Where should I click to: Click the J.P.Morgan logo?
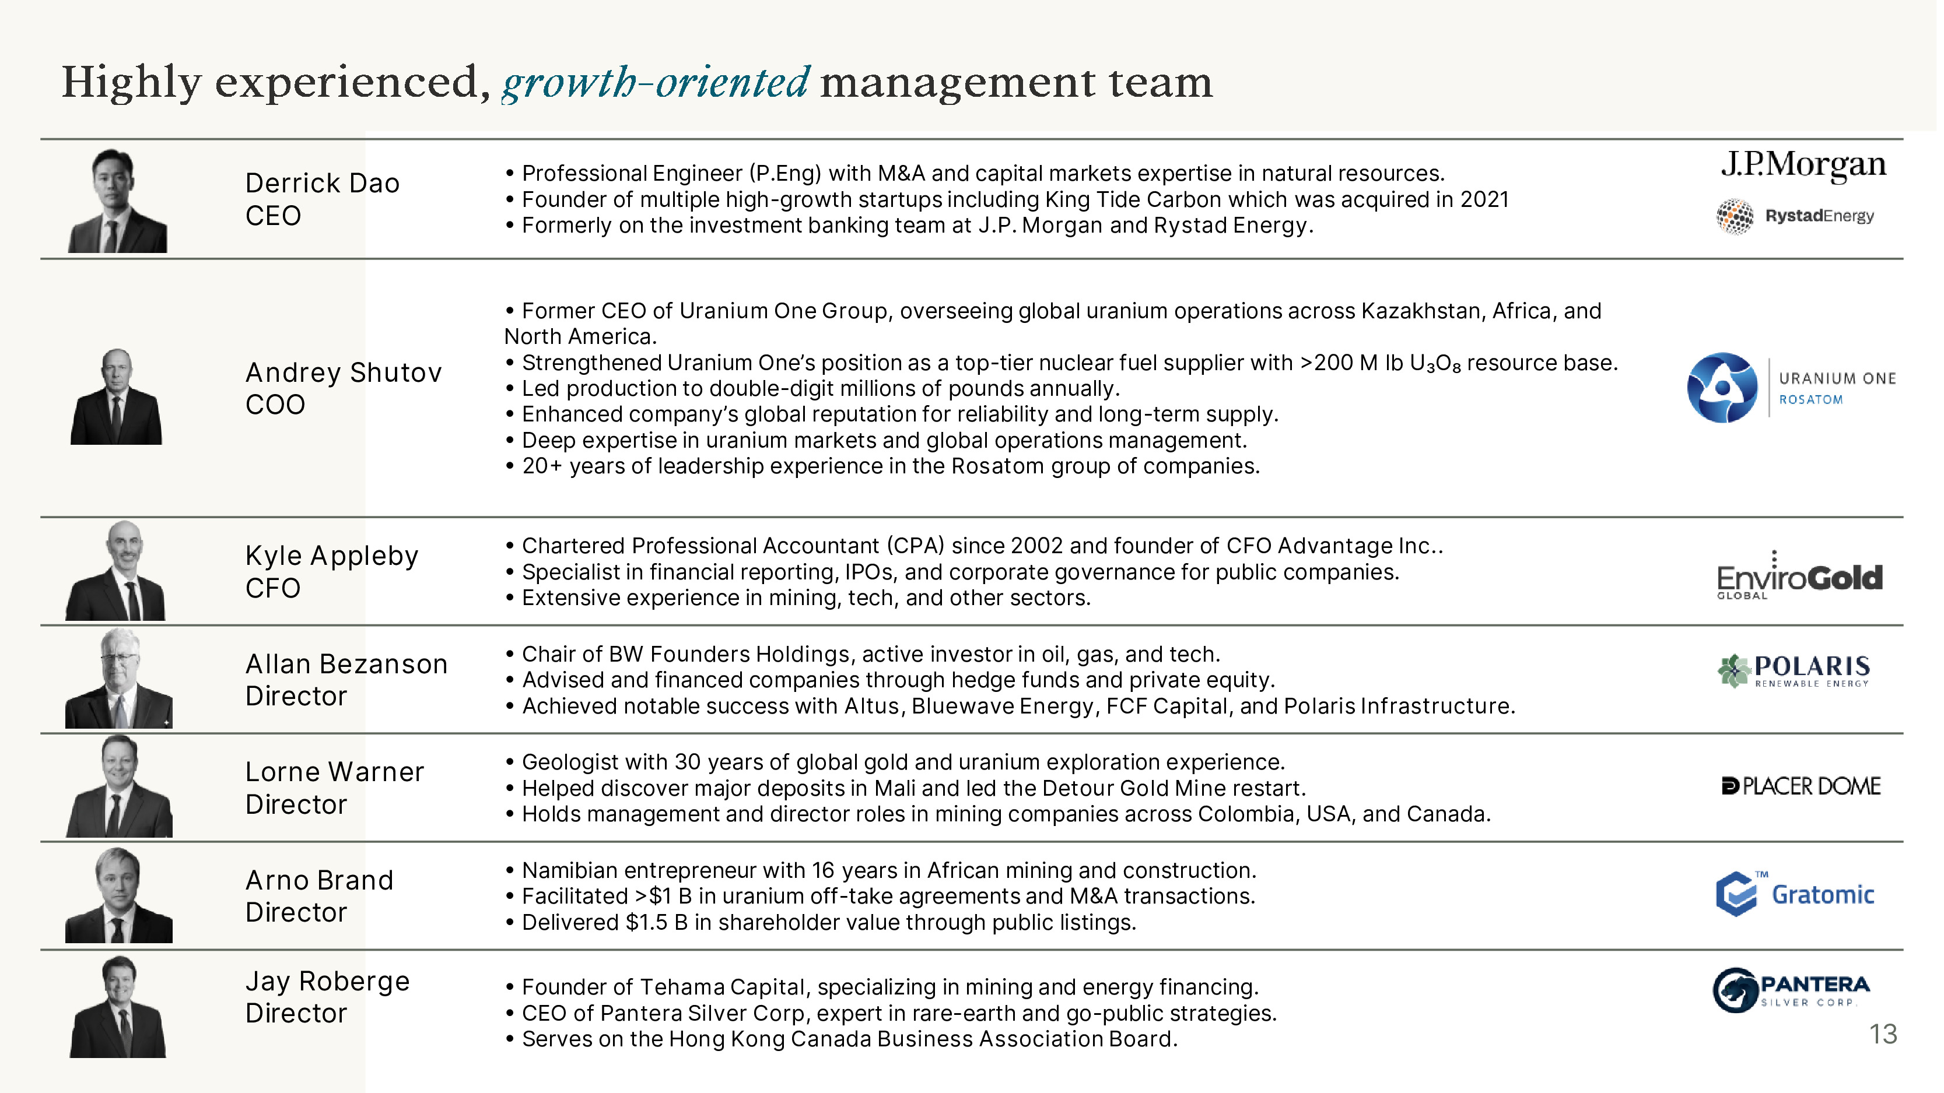coord(1802,165)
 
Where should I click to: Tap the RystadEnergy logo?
coord(1795,216)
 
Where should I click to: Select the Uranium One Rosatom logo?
coord(1791,388)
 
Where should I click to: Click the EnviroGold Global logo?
coord(1799,577)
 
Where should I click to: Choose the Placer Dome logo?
coord(1801,786)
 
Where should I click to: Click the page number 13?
coord(1883,1034)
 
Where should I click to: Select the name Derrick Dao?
coord(322,183)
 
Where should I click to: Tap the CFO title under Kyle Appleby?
coord(272,588)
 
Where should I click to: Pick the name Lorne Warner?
coord(334,772)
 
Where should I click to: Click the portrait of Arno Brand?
coord(118,895)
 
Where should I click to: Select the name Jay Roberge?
coord(328,981)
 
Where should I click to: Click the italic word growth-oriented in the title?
coord(656,82)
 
